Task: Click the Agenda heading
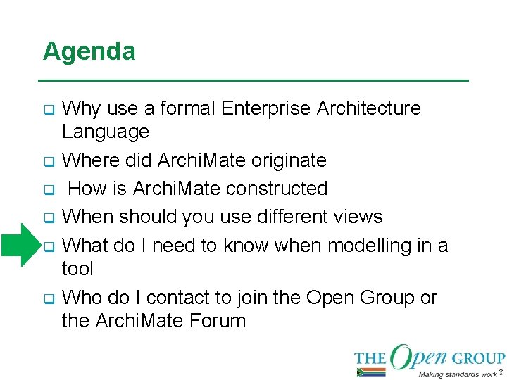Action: (89, 52)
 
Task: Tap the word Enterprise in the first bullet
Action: (265, 108)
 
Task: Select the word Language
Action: (106, 132)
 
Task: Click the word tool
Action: (77, 269)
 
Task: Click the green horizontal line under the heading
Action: (256, 80)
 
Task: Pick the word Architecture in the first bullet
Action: (368, 108)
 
